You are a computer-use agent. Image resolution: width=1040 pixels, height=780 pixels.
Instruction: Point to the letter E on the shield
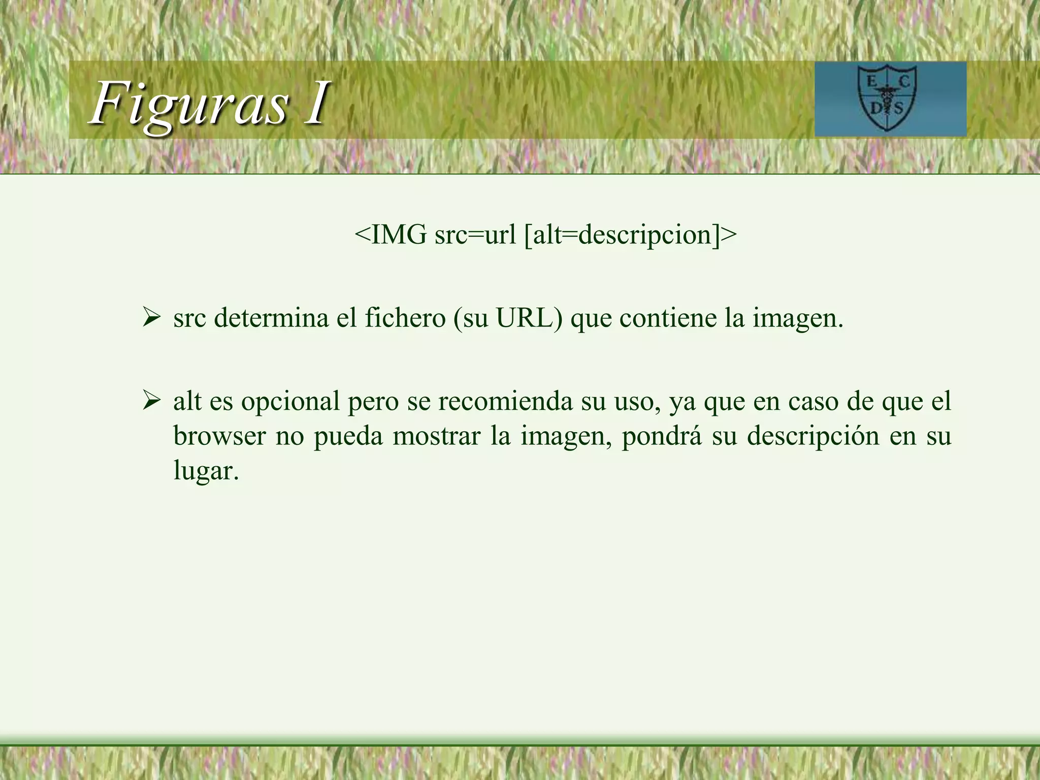pos(871,81)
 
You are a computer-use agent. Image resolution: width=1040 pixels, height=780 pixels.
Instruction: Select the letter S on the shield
pos(899,108)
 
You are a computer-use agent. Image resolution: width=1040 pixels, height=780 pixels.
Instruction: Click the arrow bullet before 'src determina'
pos(151,318)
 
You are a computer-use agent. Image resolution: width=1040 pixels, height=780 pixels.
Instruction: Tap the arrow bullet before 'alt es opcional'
pos(151,401)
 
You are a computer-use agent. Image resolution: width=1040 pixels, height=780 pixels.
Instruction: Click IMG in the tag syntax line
pos(399,235)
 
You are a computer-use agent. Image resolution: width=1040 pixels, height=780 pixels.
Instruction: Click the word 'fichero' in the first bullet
pos(405,318)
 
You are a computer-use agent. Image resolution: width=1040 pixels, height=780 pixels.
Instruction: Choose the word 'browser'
pos(219,436)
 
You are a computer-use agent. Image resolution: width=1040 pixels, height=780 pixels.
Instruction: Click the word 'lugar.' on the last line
pos(206,471)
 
